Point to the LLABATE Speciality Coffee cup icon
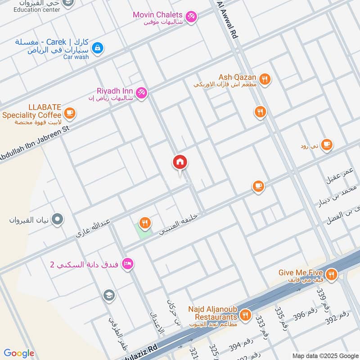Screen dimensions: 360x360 pos(69,113)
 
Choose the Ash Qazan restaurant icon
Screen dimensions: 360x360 pos(265,79)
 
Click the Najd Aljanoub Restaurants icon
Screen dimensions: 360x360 pos(245,315)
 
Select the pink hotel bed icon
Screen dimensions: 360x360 pos(127,264)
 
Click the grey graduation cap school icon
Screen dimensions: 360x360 pos(108,296)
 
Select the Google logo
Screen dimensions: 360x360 pos(19,353)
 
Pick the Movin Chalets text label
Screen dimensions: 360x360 pos(157,15)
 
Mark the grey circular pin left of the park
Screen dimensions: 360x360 pos(58,220)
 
